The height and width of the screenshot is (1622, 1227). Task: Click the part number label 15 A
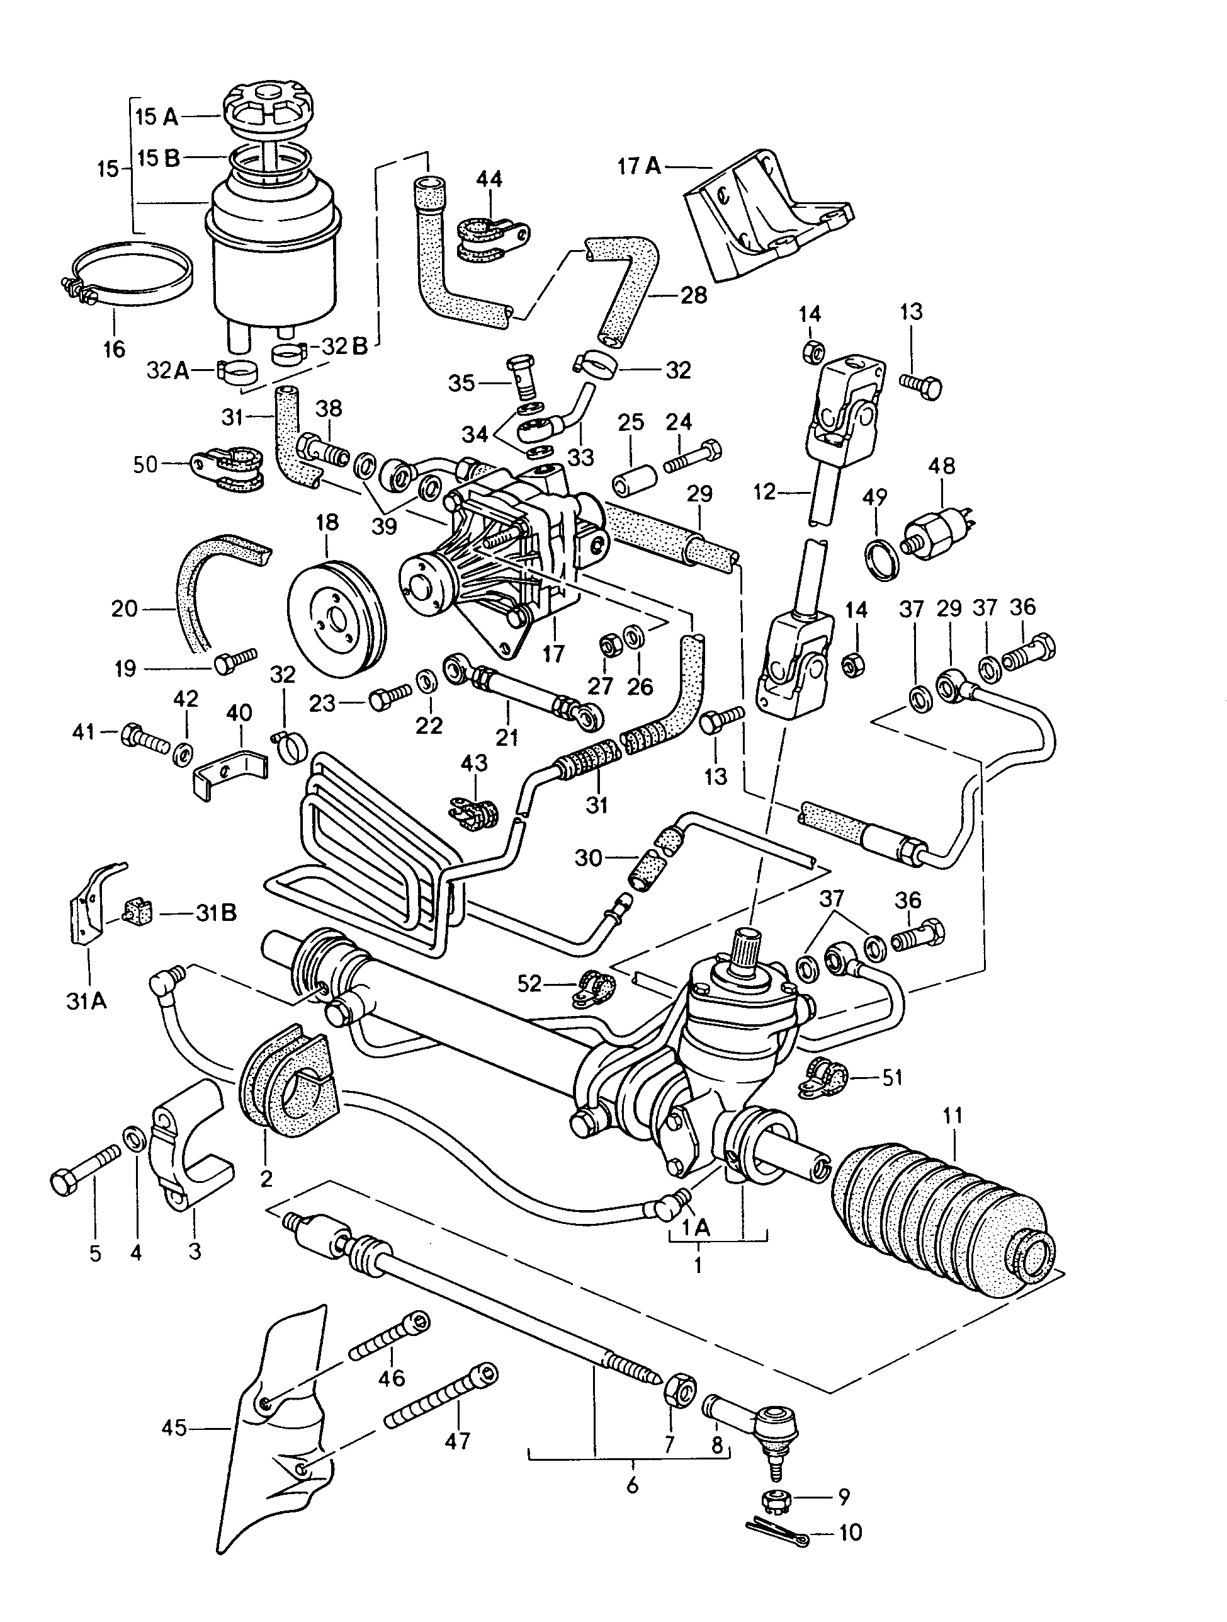click(x=156, y=116)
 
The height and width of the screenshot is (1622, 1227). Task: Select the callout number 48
click(x=942, y=465)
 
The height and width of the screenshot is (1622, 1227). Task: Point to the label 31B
click(x=216, y=913)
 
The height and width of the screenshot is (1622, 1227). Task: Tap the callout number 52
click(x=528, y=983)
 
